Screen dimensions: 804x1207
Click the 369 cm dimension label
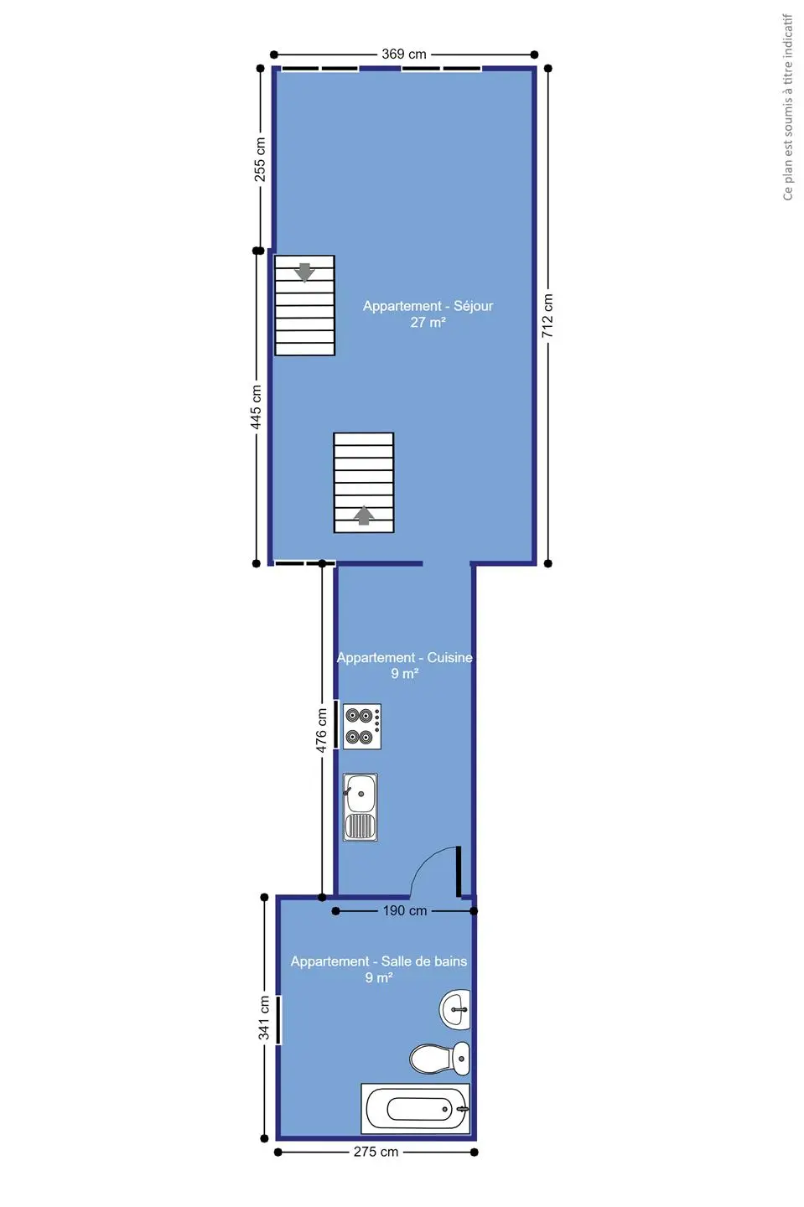[x=403, y=54]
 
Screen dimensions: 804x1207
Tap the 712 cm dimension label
[x=547, y=316]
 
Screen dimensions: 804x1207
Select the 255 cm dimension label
[x=260, y=159]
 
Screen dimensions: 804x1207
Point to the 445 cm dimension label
[x=256, y=407]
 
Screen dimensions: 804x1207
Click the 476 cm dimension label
[x=321, y=730]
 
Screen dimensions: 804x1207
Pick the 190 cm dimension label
[x=405, y=910]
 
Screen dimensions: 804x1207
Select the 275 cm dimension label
[x=376, y=1152]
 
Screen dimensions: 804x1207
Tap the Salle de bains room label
[x=424, y=961]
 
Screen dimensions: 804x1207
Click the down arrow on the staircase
[x=305, y=272]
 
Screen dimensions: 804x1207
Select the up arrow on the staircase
[x=365, y=515]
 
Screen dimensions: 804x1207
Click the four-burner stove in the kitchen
[x=362, y=726]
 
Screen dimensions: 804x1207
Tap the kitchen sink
[x=361, y=807]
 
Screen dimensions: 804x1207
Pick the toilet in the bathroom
[x=439, y=1059]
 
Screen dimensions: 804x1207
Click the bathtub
[x=415, y=1108]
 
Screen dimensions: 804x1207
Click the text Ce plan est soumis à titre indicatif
[x=787, y=108]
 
